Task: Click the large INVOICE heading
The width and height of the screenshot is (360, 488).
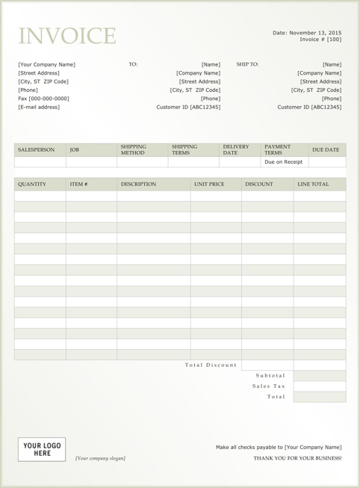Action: pyautogui.click(x=67, y=36)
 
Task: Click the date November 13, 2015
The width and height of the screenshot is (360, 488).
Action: pyautogui.click(x=307, y=33)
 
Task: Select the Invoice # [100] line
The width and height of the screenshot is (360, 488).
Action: pyautogui.click(x=320, y=40)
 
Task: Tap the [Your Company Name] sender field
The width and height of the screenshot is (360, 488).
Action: pyautogui.click(x=46, y=65)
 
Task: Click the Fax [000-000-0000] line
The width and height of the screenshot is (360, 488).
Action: pyautogui.click(x=43, y=99)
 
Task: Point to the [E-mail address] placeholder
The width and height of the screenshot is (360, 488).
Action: pyautogui.click(x=39, y=107)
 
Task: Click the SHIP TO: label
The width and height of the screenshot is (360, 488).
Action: pyautogui.click(x=247, y=65)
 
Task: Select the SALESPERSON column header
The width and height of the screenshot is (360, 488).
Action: pyautogui.click(x=37, y=150)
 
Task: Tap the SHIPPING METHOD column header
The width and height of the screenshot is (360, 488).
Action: pyautogui.click(x=134, y=150)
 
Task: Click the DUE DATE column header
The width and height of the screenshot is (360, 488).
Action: pyautogui.click(x=326, y=150)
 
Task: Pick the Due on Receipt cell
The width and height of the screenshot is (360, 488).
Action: pyautogui.click(x=284, y=162)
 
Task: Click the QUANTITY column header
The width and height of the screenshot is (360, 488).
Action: pyautogui.click(x=32, y=184)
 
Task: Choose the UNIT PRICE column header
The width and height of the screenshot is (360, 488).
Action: pyautogui.click(x=209, y=184)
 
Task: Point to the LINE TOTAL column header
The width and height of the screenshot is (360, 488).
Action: pyautogui.click(x=313, y=184)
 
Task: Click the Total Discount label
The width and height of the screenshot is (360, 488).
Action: pyautogui.click(x=211, y=365)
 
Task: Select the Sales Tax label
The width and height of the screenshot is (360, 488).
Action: pyautogui.click(x=269, y=386)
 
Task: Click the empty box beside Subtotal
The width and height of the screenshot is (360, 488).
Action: pyautogui.click(x=320, y=376)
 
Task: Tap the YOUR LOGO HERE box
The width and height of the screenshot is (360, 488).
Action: pyautogui.click(x=42, y=449)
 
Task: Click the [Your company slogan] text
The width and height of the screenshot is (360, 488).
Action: pyautogui.click(x=100, y=458)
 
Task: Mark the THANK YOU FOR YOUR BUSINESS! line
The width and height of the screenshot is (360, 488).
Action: pyautogui.click(x=297, y=458)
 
